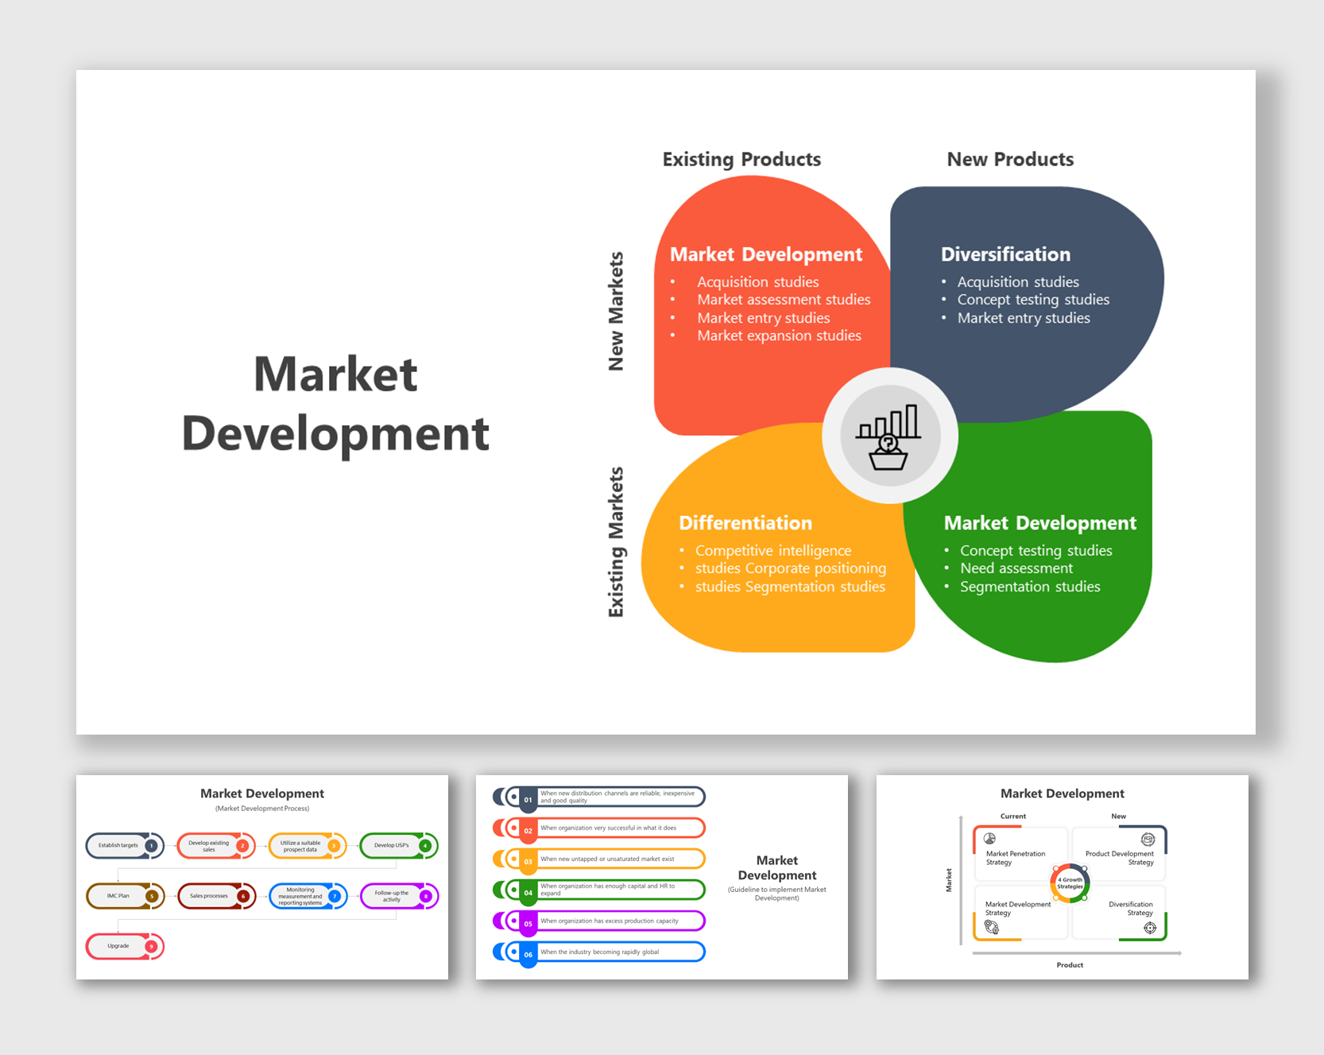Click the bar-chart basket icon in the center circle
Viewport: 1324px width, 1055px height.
[x=888, y=436]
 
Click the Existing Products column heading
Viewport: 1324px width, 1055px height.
[x=741, y=159]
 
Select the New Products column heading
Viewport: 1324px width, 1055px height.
[x=1009, y=159]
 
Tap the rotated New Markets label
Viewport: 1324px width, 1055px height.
[x=616, y=311]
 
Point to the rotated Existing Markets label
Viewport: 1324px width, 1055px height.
[x=616, y=541]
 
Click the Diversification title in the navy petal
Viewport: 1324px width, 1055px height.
[x=1005, y=254]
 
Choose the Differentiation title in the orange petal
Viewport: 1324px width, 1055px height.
[x=745, y=523]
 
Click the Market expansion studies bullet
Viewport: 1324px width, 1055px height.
[x=779, y=336]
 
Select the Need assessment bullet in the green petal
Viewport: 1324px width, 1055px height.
[x=1016, y=568]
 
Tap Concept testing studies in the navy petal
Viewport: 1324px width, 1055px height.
[x=1032, y=300]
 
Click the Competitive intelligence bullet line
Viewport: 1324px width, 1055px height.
[x=772, y=550]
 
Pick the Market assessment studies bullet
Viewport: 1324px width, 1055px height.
[x=784, y=300]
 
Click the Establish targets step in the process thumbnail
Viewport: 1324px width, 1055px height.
[x=118, y=845]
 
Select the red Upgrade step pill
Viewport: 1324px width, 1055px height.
[x=118, y=946]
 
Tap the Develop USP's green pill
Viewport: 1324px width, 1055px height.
[x=392, y=845]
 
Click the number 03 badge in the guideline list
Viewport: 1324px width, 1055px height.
[x=528, y=861]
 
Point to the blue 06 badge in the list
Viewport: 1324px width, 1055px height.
[x=528, y=954]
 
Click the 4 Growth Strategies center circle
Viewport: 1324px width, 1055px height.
[x=1070, y=882]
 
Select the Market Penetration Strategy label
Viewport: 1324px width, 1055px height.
[x=1015, y=858]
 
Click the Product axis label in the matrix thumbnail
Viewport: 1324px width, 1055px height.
[x=1070, y=965]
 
